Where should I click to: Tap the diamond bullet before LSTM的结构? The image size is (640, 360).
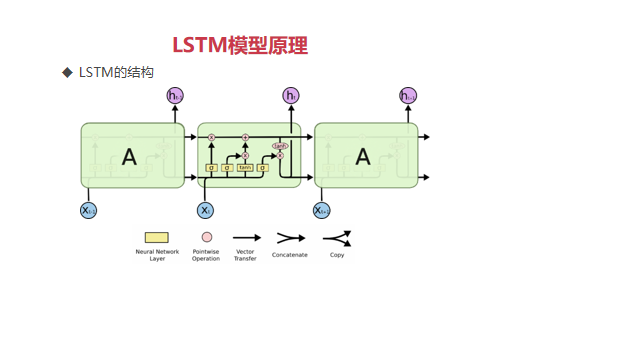pyautogui.click(x=68, y=72)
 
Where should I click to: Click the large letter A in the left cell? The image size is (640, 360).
pyautogui.click(x=129, y=156)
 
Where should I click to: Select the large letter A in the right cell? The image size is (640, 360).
pyautogui.click(x=363, y=156)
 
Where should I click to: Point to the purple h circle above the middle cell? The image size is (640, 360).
pyautogui.click(x=291, y=96)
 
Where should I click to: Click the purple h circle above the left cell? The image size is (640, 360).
pyautogui.click(x=175, y=96)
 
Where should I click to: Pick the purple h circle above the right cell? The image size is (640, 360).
pyautogui.click(x=408, y=96)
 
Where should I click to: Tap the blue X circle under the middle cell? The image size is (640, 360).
pyautogui.click(x=205, y=210)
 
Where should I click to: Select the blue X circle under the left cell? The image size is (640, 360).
pyautogui.click(x=88, y=210)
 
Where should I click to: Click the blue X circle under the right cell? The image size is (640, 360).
pyautogui.click(x=321, y=210)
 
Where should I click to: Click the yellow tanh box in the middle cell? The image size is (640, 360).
pyautogui.click(x=245, y=168)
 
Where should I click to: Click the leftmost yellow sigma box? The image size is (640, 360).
pyautogui.click(x=211, y=168)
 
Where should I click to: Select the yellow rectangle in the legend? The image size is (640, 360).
pyautogui.click(x=157, y=238)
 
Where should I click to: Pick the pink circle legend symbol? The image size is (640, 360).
pyautogui.click(x=206, y=238)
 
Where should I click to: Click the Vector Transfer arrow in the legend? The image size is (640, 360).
pyautogui.click(x=245, y=238)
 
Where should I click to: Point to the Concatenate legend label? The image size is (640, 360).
pyautogui.click(x=290, y=255)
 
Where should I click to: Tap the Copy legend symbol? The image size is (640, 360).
pyautogui.click(x=337, y=238)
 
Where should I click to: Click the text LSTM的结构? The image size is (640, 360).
pyautogui.click(x=116, y=72)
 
